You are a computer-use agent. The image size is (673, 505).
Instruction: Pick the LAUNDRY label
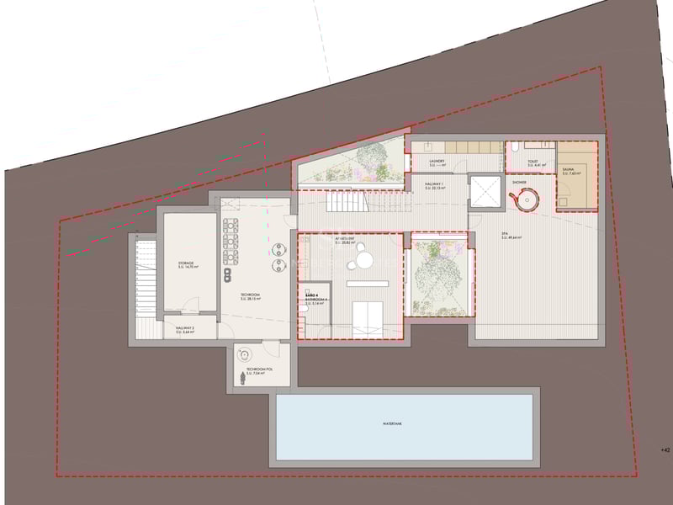point(436,162)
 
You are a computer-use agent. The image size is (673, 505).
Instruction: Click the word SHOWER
point(519,182)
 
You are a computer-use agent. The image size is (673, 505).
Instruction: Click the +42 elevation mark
point(666,450)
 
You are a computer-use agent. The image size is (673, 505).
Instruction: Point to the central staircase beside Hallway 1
point(347,202)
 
